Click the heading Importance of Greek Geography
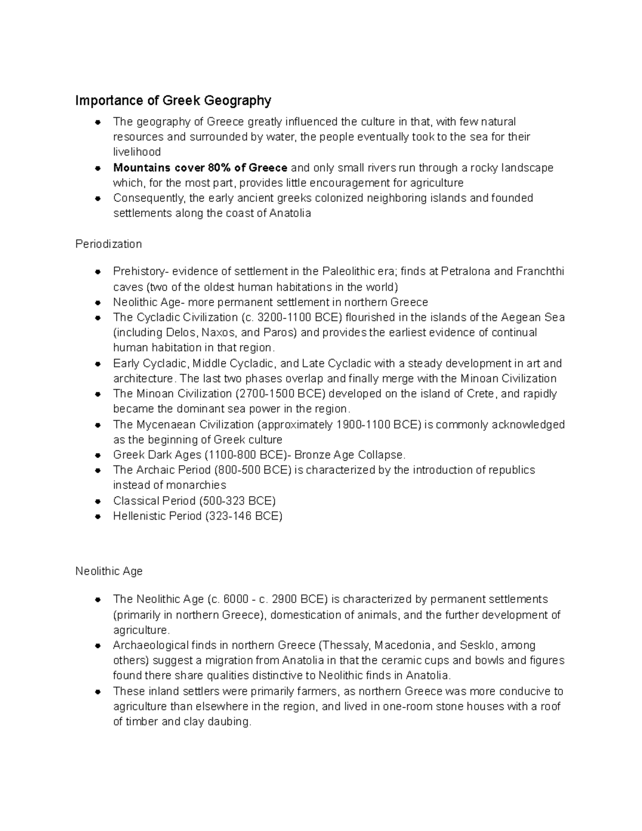click(x=173, y=101)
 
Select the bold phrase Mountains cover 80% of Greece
click(x=200, y=167)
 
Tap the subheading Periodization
click(x=109, y=244)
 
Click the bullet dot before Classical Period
click(x=98, y=501)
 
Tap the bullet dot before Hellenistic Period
click(x=98, y=517)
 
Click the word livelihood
click(x=137, y=152)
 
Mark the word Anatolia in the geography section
click(x=290, y=213)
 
